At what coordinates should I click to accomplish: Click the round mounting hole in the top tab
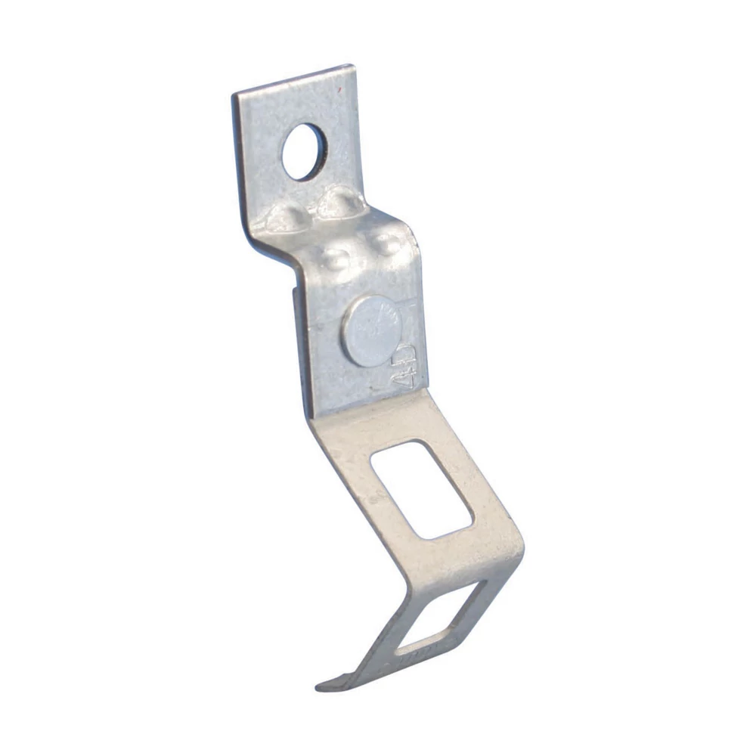tap(304, 152)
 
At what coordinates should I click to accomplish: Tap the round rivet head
tap(370, 330)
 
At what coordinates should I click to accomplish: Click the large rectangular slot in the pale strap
tap(422, 488)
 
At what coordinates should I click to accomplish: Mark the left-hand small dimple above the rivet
tap(335, 259)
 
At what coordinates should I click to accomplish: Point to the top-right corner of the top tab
tap(352, 68)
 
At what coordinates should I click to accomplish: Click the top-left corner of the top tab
tap(235, 94)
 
